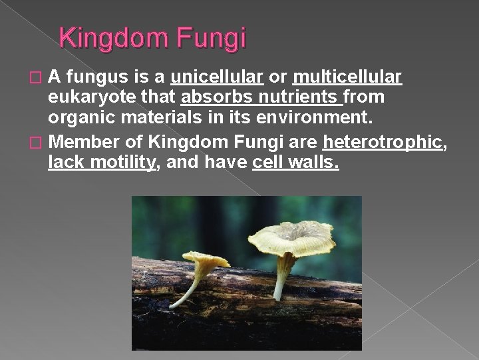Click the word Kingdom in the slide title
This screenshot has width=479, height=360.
click(x=117, y=38)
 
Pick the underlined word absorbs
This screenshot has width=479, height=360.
click(x=214, y=97)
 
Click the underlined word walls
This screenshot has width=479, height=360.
click(x=313, y=162)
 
